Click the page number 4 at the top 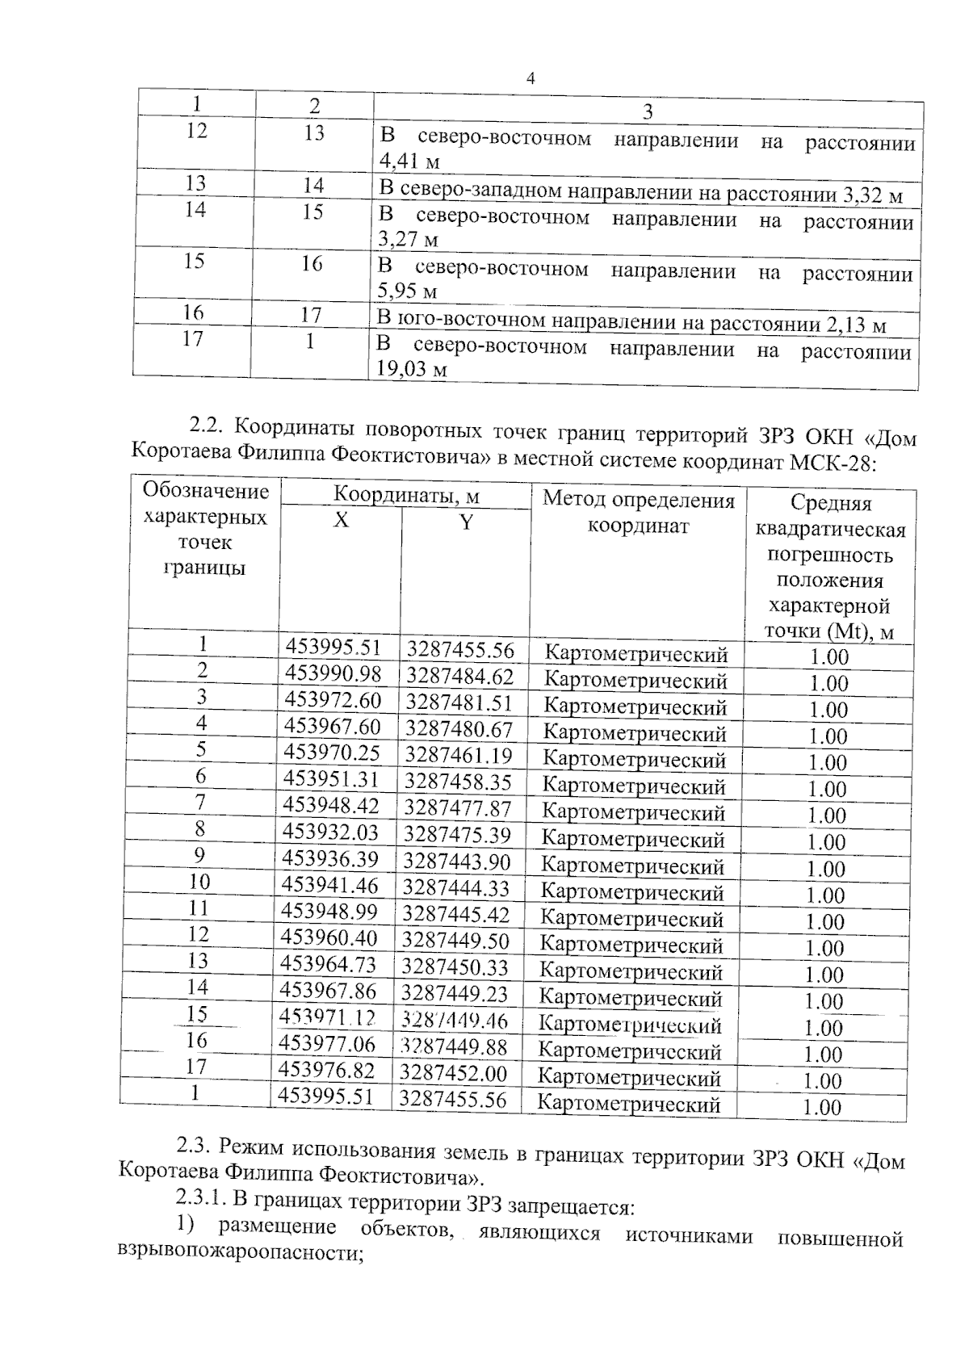[x=531, y=78]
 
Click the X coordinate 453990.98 [x=333, y=674]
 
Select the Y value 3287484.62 [x=459, y=676]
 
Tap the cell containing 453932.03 [x=330, y=832]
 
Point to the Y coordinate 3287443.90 [x=457, y=862]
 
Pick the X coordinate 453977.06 [x=327, y=1045]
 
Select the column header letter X [x=341, y=521]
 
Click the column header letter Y [x=466, y=522]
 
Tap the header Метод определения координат [x=639, y=514]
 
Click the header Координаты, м [x=406, y=495]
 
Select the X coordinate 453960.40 [x=329, y=938]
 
